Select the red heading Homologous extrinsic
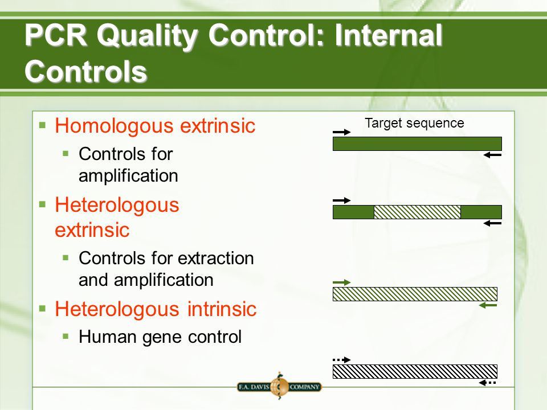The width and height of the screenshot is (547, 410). (x=155, y=126)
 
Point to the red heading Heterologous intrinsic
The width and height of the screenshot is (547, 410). (x=156, y=309)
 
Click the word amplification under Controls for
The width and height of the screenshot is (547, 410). (x=128, y=176)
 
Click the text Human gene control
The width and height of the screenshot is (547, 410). (x=160, y=337)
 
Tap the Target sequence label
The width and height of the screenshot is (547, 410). (x=414, y=123)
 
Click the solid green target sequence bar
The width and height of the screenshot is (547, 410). (x=417, y=143)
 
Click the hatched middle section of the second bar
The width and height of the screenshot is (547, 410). (x=417, y=212)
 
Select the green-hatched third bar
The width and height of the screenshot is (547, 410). (x=415, y=294)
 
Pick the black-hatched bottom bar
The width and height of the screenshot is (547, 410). (x=415, y=371)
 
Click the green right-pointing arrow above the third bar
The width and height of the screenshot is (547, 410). (x=341, y=282)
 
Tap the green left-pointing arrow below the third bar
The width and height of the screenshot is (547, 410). (x=488, y=306)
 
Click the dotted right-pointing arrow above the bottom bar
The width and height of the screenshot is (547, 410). (x=341, y=359)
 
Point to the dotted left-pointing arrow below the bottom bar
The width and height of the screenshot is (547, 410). (x=488, y=383)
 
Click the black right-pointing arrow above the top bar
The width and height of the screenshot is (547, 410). (x=341, y=132)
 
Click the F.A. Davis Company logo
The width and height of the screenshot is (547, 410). (x=279, y=387)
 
